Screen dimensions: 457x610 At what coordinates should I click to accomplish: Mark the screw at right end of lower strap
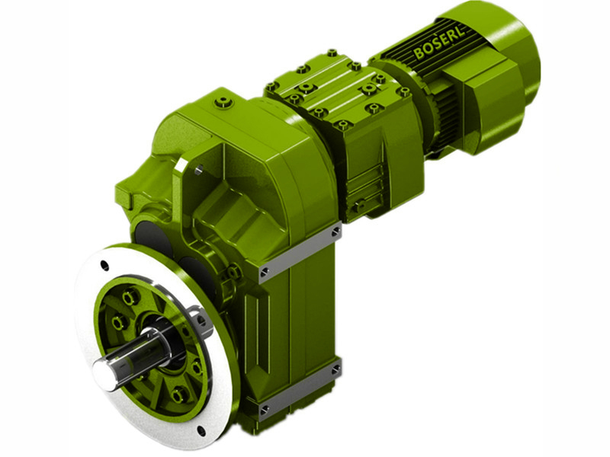(x=335, y=370)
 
